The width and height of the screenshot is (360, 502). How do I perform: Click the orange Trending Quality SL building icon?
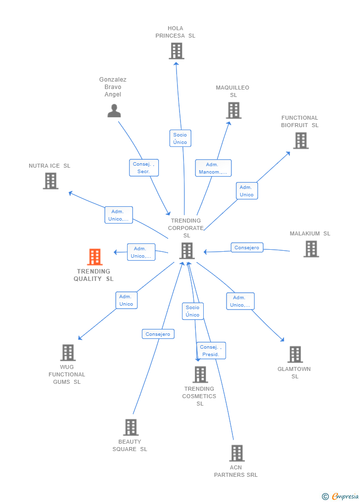(94, 257)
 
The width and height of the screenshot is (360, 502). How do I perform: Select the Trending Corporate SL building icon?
(186, 251)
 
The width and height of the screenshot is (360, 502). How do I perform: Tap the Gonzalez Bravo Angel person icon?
(114, 111)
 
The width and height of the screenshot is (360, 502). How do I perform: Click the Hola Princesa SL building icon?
(176, 51)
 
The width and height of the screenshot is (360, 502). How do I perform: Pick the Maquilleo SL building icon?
(233, 110)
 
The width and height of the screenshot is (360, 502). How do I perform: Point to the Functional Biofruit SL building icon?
(300, 140)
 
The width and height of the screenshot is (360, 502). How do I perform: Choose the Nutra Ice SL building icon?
(50, 181)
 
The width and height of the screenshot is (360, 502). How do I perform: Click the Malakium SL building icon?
(311, 249)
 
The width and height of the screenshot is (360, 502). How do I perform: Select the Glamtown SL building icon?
(295, 354)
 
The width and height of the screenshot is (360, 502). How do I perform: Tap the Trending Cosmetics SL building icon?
(200, 374)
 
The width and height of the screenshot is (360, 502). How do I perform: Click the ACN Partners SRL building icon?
(236, 453)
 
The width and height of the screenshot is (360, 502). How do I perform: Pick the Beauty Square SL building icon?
(131, 427)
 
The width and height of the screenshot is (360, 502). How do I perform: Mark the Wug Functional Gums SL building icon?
(68, 353)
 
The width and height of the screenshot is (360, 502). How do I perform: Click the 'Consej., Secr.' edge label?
(144, 168)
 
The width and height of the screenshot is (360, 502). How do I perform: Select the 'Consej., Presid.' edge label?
(211, 351)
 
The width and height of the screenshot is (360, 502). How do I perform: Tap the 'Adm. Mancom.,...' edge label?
(213, 168)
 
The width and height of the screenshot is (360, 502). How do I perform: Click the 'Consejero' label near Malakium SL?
(247, 248)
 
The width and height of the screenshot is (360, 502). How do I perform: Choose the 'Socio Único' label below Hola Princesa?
(180, 138)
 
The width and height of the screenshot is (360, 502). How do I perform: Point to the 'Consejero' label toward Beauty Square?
(158, 334)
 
